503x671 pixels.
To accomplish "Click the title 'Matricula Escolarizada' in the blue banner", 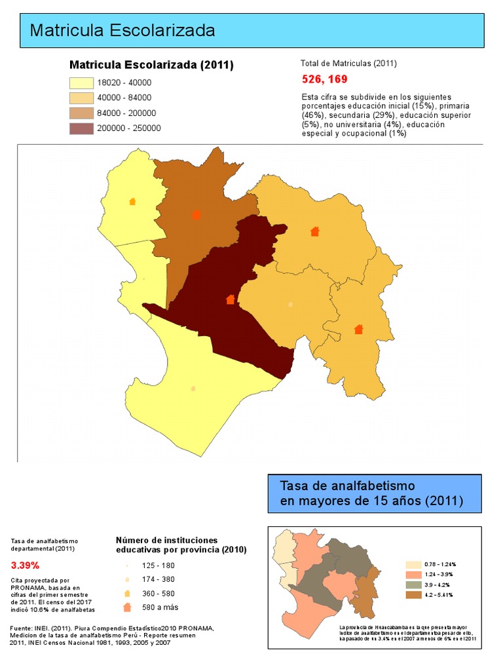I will click(x=122, y=30).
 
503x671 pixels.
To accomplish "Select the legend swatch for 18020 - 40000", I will click(x=81, y=83).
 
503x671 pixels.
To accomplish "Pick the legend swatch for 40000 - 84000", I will click(x=81, y=98).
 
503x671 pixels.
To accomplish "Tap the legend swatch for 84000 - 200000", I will click(x=81, y=113).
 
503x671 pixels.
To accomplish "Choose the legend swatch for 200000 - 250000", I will click(x=81, y=128).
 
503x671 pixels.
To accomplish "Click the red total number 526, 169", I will click(x=324, y=79).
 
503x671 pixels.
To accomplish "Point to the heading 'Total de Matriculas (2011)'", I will click(x=348, y=64).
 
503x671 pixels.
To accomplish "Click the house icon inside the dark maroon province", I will click(x=230, y=299).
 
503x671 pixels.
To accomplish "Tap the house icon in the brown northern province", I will click(x=196, y=214).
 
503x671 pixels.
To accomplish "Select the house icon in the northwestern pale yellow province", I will click(x=132, y=201).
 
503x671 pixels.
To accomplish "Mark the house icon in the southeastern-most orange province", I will click(x=358, y=329).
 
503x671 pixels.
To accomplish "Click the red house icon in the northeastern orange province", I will click(x=314, y=231).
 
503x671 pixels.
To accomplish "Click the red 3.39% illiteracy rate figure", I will click(x=25, y=565).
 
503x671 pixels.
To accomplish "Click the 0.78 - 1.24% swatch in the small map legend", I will click(x=413, y=564).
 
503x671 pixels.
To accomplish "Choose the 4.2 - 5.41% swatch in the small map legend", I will click(x=413, y=595).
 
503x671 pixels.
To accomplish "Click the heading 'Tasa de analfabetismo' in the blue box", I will click(x=347, y=486).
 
